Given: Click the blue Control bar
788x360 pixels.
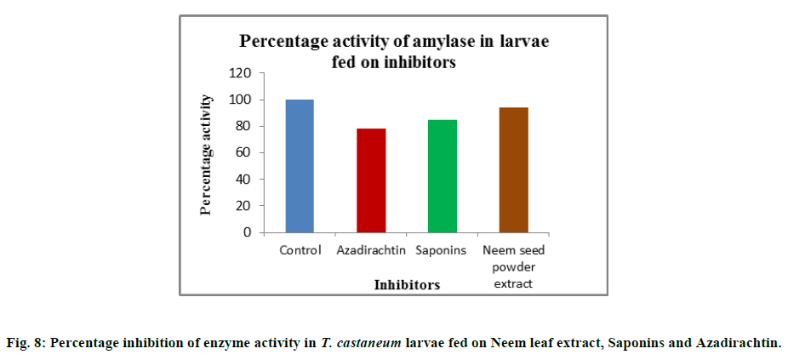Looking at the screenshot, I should coord(300,166).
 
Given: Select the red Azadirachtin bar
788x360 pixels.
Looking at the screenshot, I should coord(371,180).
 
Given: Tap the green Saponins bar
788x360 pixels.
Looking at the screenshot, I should coord(443,176).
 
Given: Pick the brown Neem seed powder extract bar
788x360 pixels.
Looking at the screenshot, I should coord(514,170).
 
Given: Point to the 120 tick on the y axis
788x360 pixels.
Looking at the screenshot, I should coord(242,73).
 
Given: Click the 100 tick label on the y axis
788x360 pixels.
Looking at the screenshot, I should coord(242,100).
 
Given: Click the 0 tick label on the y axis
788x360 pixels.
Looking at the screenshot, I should coord(248,231).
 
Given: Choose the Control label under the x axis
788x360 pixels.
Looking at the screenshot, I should coord(300,250).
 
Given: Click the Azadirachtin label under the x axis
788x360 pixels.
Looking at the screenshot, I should coord(371,250).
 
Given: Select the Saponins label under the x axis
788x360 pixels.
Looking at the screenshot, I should coord(441,250).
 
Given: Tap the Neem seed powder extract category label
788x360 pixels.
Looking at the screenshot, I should coord(513,266).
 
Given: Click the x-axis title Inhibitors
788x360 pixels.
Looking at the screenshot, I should coord(407,285).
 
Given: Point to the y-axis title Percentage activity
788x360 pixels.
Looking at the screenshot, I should coord(206,154).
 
